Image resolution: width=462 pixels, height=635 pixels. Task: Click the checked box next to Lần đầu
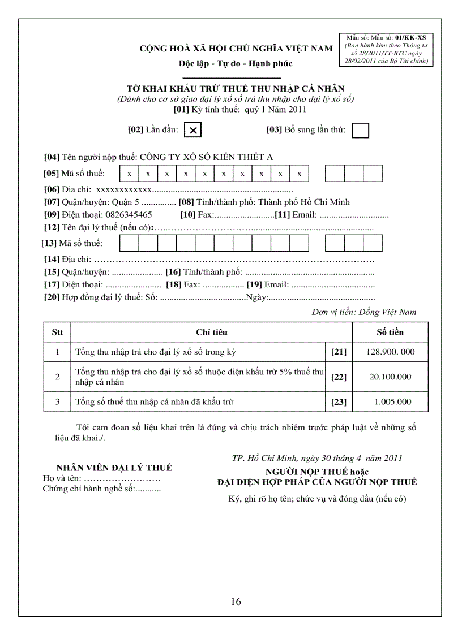pyautogui.click(x=193, y=130)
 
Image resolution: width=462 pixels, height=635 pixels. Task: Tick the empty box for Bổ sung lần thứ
pyautogui.click(x=360, y=130)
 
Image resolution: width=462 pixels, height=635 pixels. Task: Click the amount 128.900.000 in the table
pyautogui.click(x=390, y=352)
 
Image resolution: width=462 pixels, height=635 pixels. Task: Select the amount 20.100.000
pyautogui.click(x=390, y=377)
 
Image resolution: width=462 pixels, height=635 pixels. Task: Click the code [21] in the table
pyautogui.click(x=339, y=352)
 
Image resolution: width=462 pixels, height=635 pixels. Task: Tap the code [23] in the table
pyautogui.click(x=339, y=402)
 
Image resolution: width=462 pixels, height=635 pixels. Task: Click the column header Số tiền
pyautogui.click(x=390, y=332)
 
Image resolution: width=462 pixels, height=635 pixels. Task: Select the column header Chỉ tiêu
pyautogui.click(x=212, y=332)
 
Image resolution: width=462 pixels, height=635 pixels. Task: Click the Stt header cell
pyautogui.click(x=57, y=332)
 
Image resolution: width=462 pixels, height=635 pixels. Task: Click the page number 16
pyautogui.click(x=236, y=601)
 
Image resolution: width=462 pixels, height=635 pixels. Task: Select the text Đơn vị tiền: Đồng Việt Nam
pyautogui.click(x=363, y=312)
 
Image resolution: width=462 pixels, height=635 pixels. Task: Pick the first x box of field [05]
pyautogui.click(x=130, y=173)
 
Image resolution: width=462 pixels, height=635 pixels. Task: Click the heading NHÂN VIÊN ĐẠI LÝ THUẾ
pyautogui.click(x=114, y=468)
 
